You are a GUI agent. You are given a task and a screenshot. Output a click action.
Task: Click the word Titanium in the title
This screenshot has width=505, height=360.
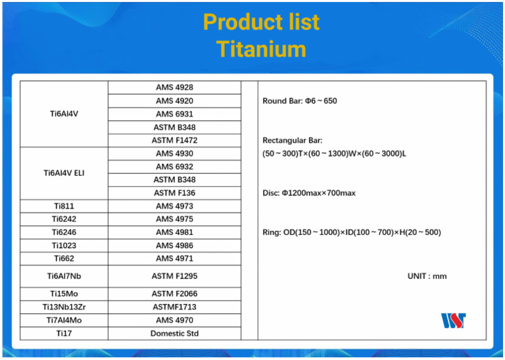pos(261,49)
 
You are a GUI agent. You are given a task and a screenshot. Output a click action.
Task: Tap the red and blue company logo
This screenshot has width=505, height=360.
pos(454,321)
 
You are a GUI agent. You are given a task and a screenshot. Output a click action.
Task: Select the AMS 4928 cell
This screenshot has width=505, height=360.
pos(174,88)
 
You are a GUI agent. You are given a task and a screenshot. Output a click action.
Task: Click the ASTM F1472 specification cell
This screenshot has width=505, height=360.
pos(174,140)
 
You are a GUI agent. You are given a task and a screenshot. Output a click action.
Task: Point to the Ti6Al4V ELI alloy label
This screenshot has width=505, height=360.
pos(64,173)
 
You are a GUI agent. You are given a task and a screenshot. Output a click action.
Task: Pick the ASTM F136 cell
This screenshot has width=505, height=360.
pos(174,193)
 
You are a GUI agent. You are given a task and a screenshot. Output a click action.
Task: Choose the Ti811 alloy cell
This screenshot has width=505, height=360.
pos(64,206)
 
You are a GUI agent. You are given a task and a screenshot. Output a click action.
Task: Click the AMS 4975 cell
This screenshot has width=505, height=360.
pos(174,219)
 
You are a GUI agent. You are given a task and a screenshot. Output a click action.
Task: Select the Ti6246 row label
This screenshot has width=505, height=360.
pos(64,232)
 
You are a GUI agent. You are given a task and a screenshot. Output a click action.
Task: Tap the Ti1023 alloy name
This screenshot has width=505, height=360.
pos(64,245)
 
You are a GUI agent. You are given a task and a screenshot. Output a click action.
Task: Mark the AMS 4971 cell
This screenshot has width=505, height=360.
pos(174,259)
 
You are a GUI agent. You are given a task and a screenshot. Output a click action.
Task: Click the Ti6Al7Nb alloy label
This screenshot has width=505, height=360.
pos(64,276)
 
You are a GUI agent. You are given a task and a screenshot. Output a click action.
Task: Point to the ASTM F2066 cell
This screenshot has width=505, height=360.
pos(174,294)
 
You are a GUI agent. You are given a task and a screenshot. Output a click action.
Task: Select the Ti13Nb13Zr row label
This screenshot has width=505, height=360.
pos(64,307)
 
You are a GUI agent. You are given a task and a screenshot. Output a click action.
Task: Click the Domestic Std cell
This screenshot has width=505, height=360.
pos(174,334)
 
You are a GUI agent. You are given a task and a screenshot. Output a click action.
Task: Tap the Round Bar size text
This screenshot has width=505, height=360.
pos(299,101)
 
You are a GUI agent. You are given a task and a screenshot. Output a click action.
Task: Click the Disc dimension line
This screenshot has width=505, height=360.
pos(308,193)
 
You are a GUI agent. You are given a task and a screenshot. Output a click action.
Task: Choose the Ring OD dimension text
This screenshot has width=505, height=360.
pos(351,232)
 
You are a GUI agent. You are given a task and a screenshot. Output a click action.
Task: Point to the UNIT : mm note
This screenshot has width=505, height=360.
pos(427,276)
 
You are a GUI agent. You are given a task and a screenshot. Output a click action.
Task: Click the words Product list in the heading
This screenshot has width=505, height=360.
pos(261,22)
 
